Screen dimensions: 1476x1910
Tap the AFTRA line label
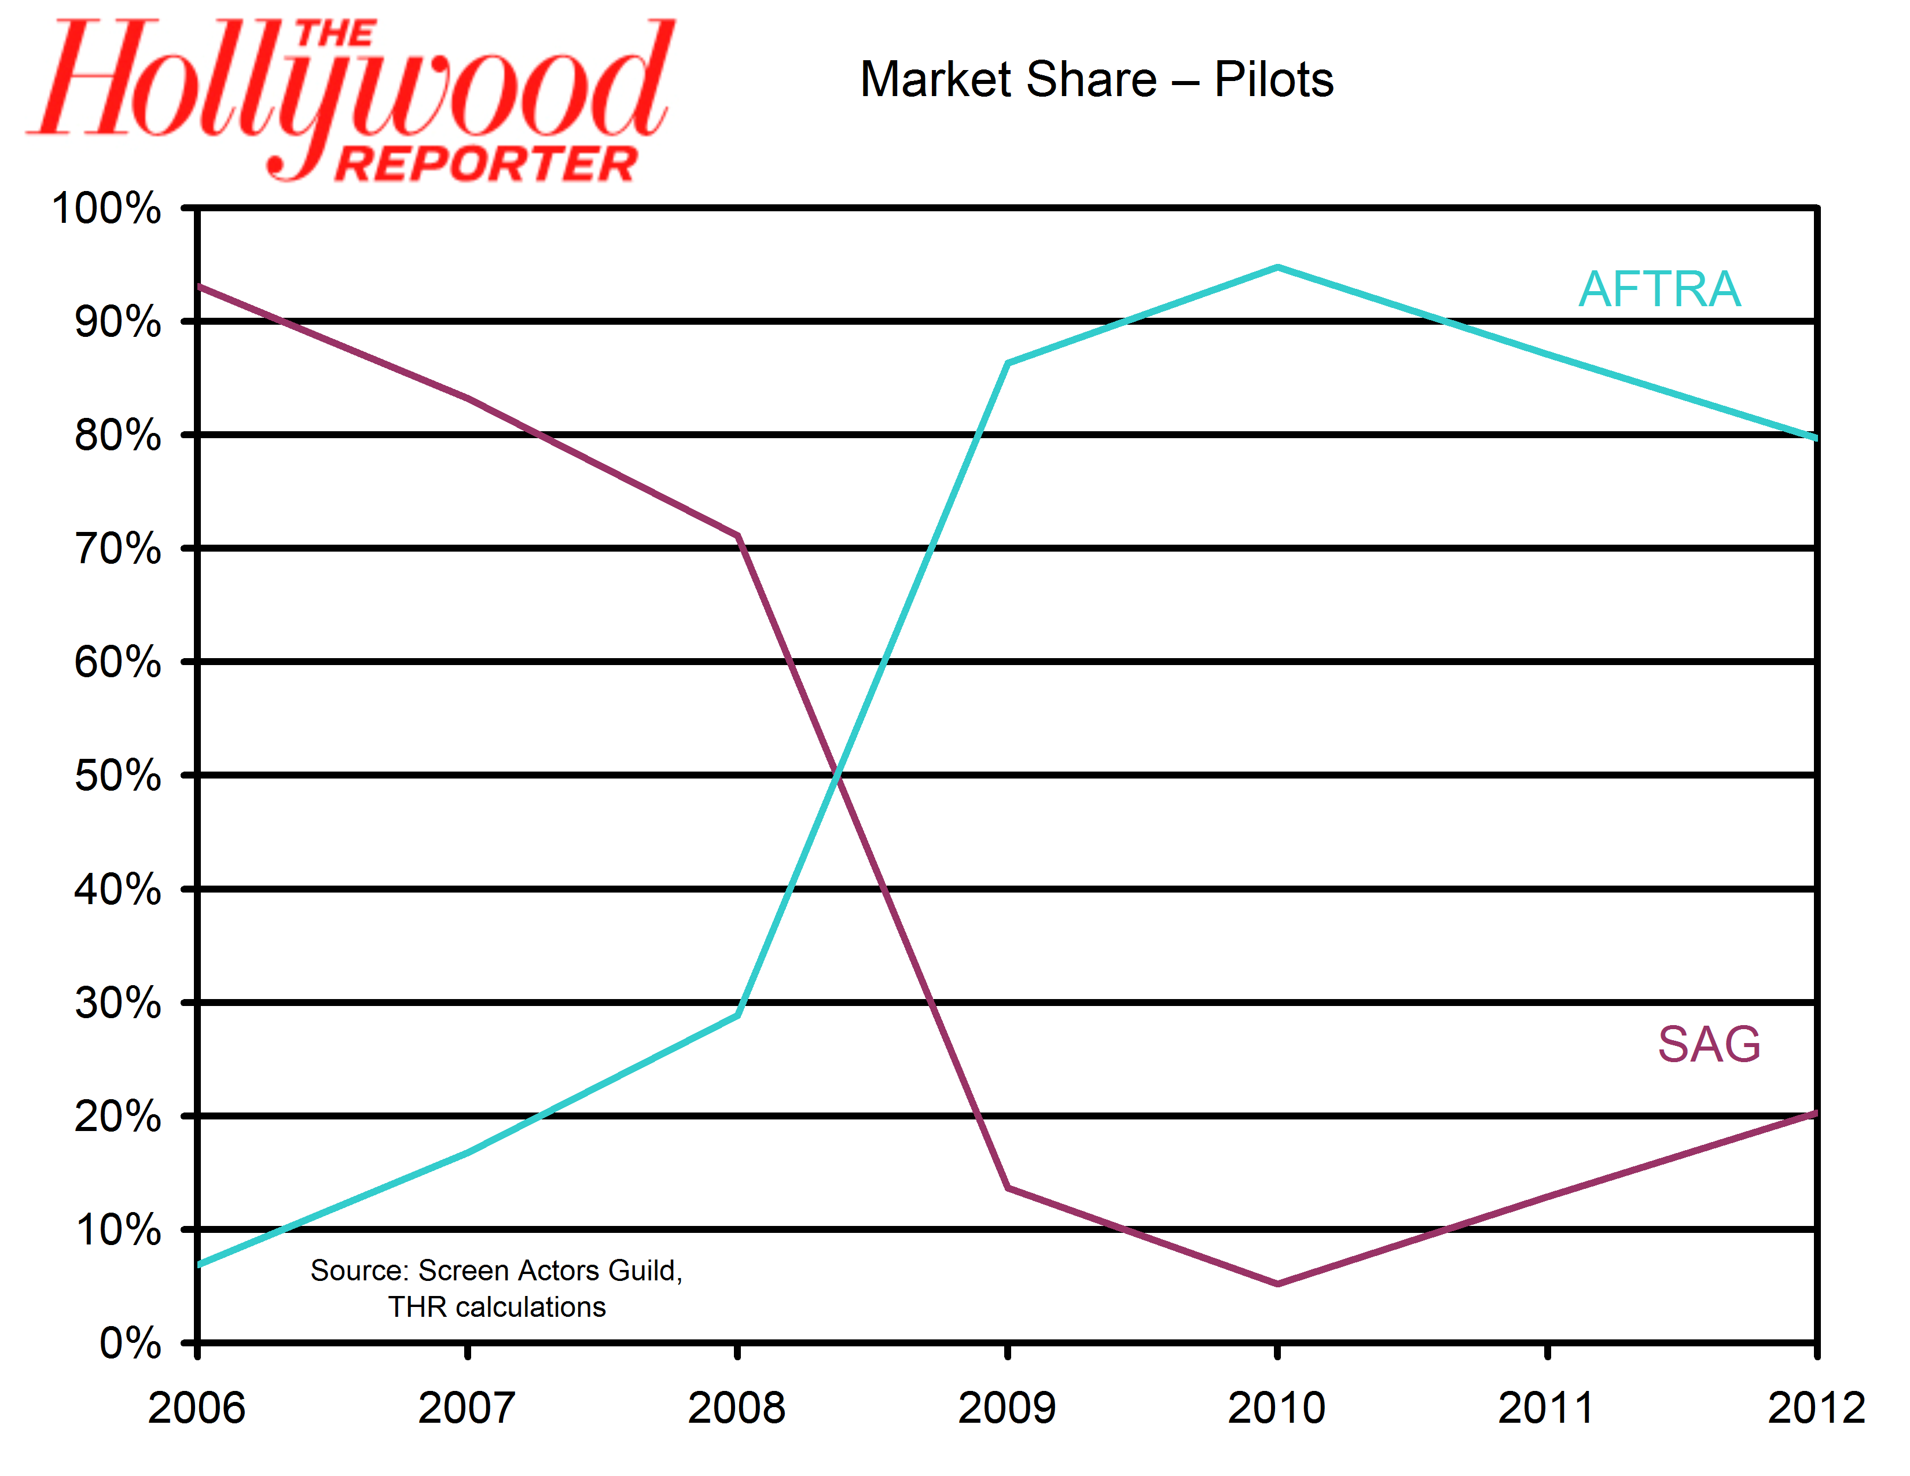pos(1659,289)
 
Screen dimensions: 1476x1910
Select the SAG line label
pos(1709,1044)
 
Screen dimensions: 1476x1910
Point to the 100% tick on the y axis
pos(106,209)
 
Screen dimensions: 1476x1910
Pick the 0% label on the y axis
pos(130,1343)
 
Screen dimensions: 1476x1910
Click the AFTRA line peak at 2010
pos(1278,267)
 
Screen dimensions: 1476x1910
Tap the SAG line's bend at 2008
pos(739,536)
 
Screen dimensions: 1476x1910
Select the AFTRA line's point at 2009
pos(1008,362)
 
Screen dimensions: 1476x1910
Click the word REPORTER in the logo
pos(486,163)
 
